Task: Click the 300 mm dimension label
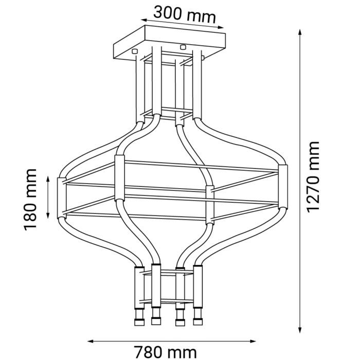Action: click(184, 13)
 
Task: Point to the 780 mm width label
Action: click(165, 351)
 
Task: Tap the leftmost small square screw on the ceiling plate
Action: click(135, 51)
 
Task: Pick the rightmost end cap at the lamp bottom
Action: click(197, 322)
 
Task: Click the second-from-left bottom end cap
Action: click(156, 322)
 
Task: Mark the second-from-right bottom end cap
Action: click(179, 322)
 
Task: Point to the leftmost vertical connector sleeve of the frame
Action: click(62, 197)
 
